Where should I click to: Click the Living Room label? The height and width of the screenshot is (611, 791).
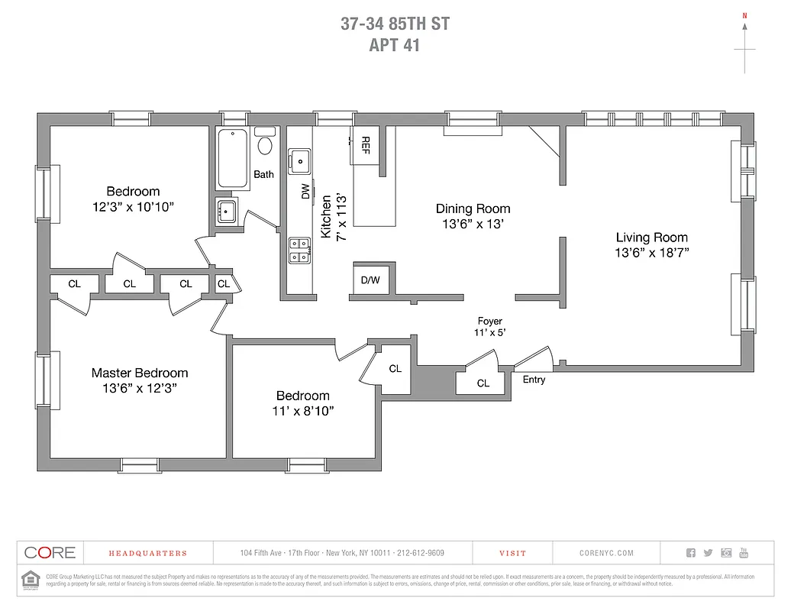[x=651, y=238]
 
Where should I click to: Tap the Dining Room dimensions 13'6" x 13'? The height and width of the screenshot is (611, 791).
[x=473, y=224]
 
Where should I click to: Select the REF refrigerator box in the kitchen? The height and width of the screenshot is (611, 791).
[x=365, y=145]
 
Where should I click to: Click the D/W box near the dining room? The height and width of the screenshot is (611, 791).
[x=370, y=280]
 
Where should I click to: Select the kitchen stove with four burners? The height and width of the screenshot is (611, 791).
[x=299, y=251]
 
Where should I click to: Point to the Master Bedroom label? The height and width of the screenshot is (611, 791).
[x=140, y=373]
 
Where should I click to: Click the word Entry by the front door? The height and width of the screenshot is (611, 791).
[x=534, y=380]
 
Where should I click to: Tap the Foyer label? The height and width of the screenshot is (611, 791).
[x=489, y=322]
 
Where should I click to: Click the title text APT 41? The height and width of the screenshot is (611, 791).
[x=395, y=45]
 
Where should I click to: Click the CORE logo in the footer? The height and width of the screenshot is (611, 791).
[x=50, y=552]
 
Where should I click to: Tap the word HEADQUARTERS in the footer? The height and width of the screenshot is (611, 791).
[x=147, y=553]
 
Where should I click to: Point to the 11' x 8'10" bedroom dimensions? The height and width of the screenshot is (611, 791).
[x=303, y=411]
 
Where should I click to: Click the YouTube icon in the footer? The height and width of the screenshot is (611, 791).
[x=744, y=553]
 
